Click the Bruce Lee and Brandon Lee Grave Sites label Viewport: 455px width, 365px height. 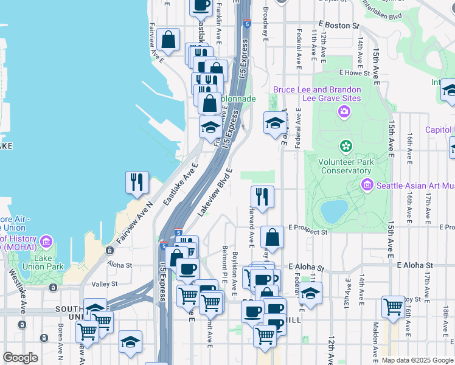click(316, 94)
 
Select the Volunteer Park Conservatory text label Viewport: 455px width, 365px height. click(346, 166)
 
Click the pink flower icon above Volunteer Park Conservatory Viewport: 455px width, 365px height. click(346, 146)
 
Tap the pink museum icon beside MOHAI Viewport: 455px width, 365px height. click(46, 243)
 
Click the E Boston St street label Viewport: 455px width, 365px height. click(335, 26)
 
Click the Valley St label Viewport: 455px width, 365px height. click(104, 284)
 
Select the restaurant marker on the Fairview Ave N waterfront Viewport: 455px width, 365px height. click(137, 182)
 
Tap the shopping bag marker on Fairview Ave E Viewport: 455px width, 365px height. click(167, 40)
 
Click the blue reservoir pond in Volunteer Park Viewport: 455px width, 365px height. click(333, 211)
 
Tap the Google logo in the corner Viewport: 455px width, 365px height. click(21, 358)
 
